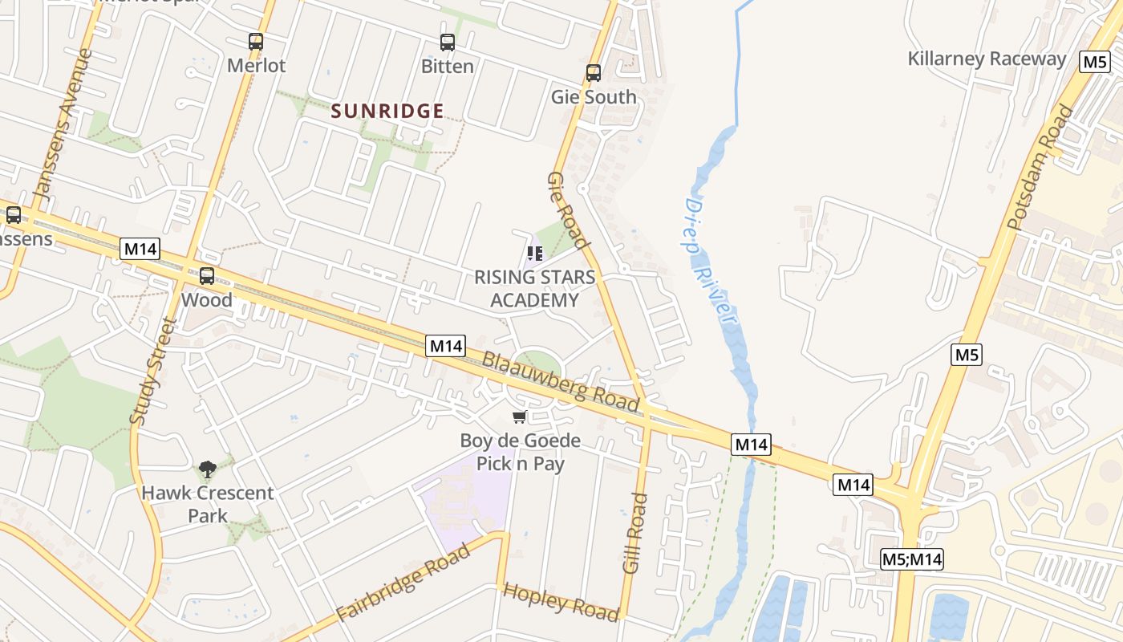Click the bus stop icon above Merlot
(x=255, y=41)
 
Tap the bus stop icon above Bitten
(x=447, y=42)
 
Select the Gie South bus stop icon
(x=594, y=73)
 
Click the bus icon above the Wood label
(x=207, y=276)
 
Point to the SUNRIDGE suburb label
(x=387, y=112)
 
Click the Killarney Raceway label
(x=987, y=59)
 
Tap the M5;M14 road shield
(x=911, y=559)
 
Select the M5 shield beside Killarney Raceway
(x=1095, y=62)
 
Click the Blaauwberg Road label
(x=561, y=382)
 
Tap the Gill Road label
(x=634, y=533)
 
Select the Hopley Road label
(x=561, y=602)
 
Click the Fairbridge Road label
(x=403, y=583)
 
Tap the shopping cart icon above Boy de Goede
(x=520, y=416)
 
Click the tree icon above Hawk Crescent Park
(x=208, y=469)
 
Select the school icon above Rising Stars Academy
(x=535, y=254)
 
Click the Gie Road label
(x=569, y=210)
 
